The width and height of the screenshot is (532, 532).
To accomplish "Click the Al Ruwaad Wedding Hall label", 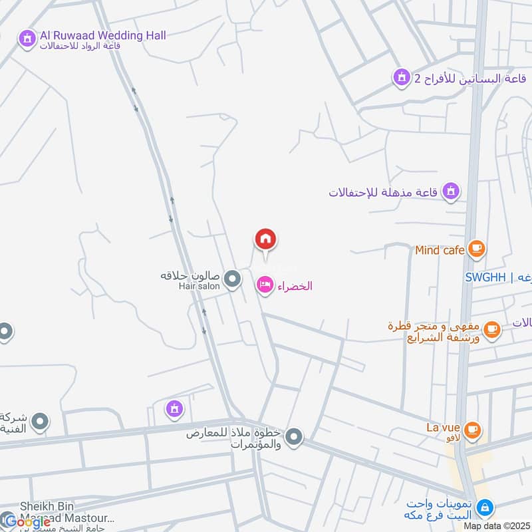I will [x=102, y=35].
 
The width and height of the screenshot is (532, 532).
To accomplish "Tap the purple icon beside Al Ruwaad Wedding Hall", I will [x=27, y=39].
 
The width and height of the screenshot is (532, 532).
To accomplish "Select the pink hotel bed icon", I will [x=265, y=286].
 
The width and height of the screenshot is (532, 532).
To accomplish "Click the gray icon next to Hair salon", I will [x=232, y=280].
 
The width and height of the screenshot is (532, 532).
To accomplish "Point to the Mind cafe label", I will [x=439, y=250].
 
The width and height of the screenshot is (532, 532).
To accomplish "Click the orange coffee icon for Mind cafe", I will [x=476, y=249].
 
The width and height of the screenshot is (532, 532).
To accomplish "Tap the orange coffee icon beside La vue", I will [x=472, y=430].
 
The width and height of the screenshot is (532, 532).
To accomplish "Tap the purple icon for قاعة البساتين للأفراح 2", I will [x=401, y=79].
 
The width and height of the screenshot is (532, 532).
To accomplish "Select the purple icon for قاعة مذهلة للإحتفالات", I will [x=452, y=192].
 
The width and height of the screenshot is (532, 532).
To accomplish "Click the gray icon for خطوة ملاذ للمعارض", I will [x=295, y=438].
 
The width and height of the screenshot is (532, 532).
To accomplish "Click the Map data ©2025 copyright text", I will [x=495, y=526].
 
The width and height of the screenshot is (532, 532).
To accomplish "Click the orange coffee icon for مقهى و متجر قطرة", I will [x=491, y=329].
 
